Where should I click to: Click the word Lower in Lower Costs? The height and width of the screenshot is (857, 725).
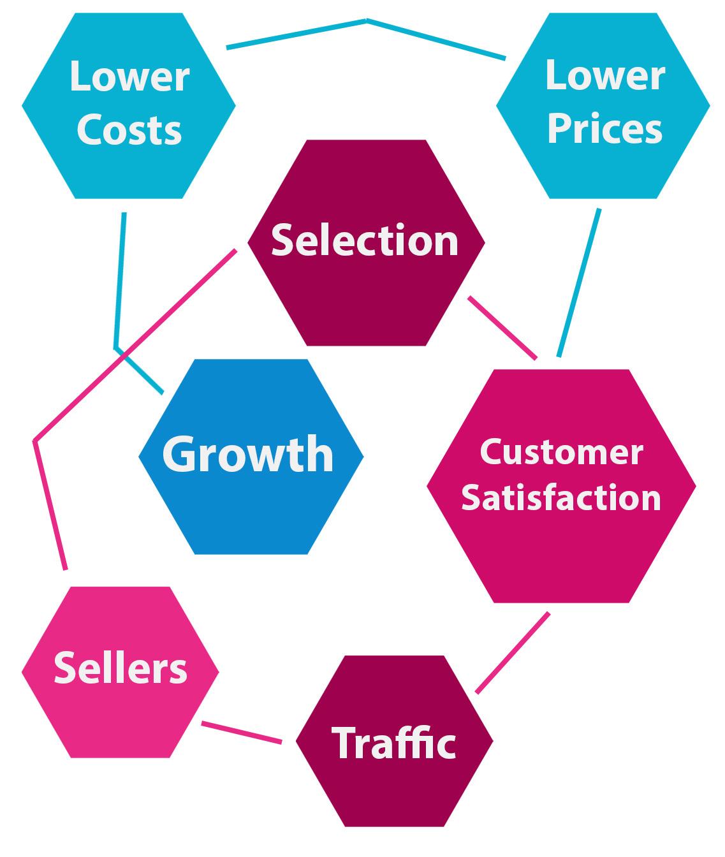(129, 77)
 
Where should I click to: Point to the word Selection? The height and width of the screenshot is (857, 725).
(365, 240)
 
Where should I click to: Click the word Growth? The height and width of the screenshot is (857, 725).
(248, 454)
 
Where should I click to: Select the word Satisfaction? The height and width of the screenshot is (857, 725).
(561, 497)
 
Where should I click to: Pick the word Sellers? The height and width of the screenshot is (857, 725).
(121, 668)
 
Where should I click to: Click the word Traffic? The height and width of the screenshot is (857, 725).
(393, 742)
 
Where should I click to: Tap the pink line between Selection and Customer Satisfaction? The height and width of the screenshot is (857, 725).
(502, 328)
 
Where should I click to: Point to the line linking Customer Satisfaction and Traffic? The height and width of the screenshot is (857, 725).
(513, 653)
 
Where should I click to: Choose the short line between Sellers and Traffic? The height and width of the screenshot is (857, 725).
(242, 732)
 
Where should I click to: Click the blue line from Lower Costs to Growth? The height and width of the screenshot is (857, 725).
(119, 281)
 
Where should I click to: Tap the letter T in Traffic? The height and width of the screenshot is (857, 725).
(343, 742)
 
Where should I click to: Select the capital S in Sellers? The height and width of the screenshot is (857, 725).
(64, 668)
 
